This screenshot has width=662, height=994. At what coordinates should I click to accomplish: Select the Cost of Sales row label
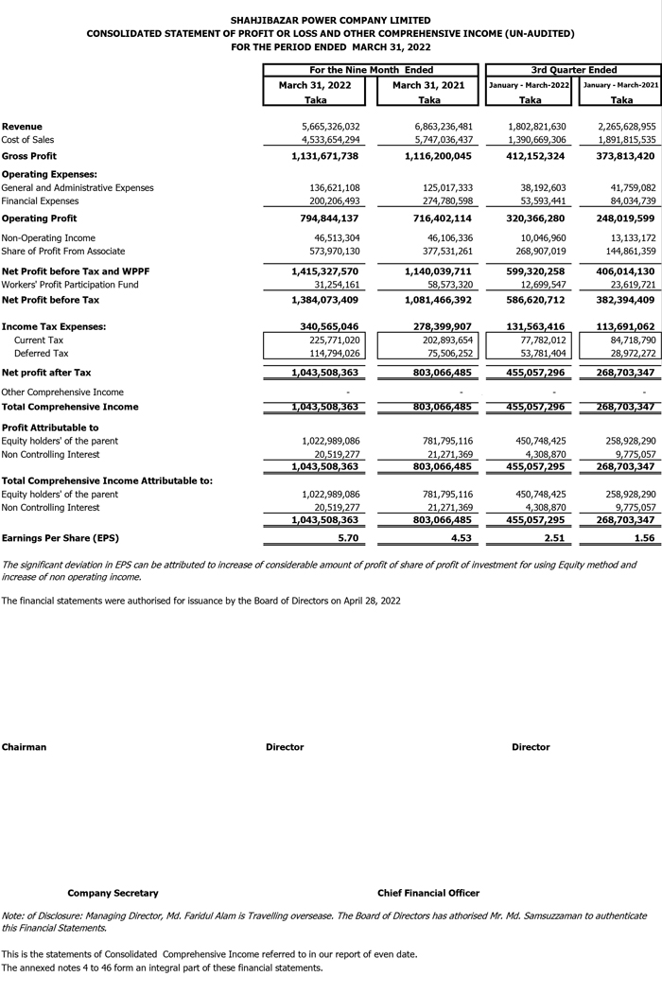[27, 140]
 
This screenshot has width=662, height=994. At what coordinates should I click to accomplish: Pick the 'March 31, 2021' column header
[428, 85]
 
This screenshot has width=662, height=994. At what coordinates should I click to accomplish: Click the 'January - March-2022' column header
[531, 85]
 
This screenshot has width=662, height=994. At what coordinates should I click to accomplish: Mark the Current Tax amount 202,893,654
[440, 340]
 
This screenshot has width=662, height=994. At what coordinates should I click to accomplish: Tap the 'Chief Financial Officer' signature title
[427, 893]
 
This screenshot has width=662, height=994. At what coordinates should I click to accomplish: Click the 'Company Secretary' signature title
[113, 893]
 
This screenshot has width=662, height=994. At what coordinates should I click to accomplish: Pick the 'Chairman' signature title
[24, 747]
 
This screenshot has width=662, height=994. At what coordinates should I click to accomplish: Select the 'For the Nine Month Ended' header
[372, 70]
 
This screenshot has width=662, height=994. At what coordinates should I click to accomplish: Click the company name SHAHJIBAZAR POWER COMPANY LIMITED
[330, 20]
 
